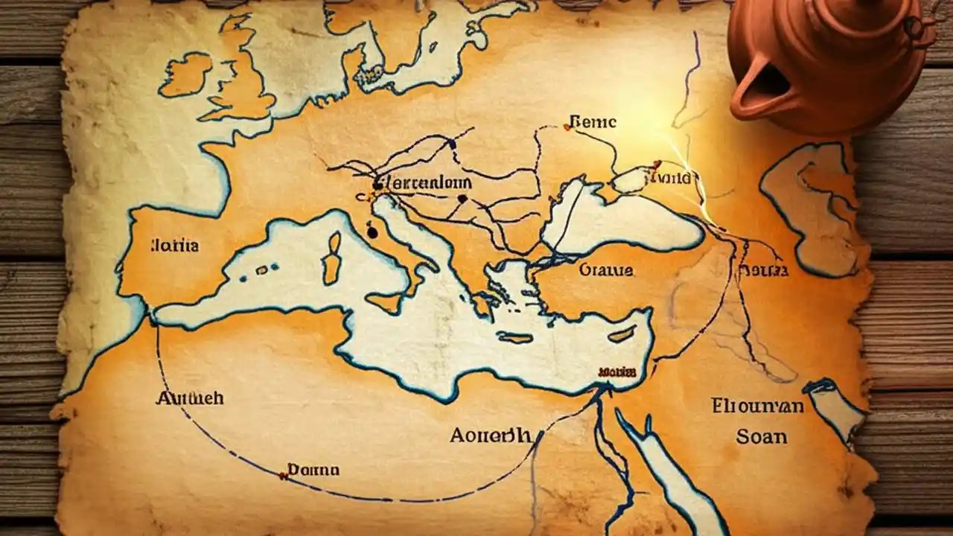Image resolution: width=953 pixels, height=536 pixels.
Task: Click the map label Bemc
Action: [x=593, y=121]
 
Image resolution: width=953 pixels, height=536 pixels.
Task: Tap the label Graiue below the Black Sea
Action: [x=606, y=269]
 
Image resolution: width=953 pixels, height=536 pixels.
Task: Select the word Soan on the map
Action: [x=762, y=436]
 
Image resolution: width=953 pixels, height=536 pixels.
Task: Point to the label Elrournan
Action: [x=757, y=406]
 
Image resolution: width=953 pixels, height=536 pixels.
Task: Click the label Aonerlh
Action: [x=491, y=435]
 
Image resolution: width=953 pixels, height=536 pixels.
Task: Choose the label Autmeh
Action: [x=189, y=398]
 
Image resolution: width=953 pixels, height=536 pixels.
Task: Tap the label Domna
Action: [x=313, y=470]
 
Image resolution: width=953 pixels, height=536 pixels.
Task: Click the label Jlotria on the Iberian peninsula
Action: [x=174, y=245]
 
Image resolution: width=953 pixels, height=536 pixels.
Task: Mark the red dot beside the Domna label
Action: [x=283, y=474]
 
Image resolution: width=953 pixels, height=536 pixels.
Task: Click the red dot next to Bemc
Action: [x=567, y=127]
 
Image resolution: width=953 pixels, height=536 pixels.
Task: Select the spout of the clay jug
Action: [x=752, y=93]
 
